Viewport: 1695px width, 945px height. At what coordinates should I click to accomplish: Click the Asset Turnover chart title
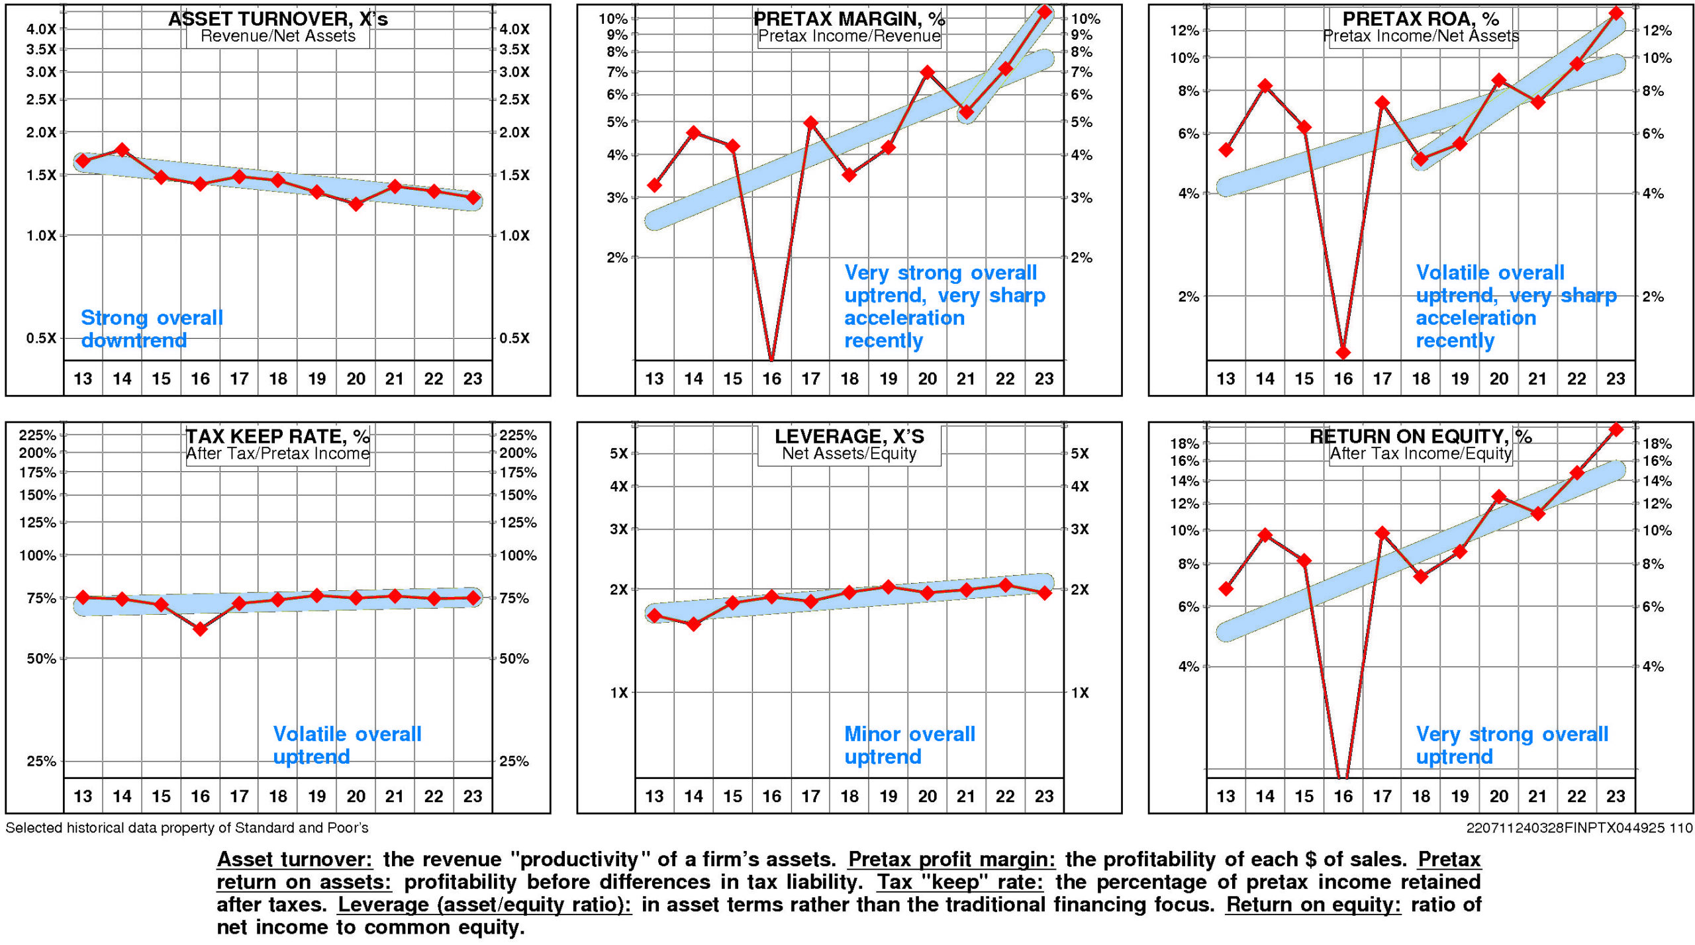pyautogui.click(x=277, y=19)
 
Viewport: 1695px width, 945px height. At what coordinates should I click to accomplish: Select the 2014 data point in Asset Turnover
pyautogui.click(x=122, y=150)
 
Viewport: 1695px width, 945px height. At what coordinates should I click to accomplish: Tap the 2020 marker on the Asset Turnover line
pyautogui.click(x=356, y=204)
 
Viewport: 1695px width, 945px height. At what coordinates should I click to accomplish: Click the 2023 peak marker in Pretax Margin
pyautogui.click(x=1044, y=12)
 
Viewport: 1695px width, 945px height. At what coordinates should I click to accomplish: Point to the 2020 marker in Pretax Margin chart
pyautogui.click(x=928, y=72)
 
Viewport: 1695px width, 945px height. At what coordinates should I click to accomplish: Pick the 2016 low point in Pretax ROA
pyautogui.click(x=1343, y=352)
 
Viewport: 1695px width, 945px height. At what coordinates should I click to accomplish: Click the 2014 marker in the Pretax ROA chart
pyautogui.click(x=1265, y=86)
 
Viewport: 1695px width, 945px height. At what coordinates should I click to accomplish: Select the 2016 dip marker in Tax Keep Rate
pyautogui.click(x=200, y=629)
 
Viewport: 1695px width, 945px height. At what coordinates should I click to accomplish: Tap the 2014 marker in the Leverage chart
pyautogui.click(x=693, y=623)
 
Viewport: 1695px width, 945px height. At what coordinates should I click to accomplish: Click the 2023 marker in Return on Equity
pyautogui.click(x=1616, y=429)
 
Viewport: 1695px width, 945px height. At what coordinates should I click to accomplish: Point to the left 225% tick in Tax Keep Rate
pyautogui.click(x=37, y=435)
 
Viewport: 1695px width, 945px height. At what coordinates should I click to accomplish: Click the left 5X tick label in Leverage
pyautogui.click(x=618, y=453)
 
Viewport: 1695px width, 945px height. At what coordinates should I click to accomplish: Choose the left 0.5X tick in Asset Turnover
pyautogui.click(x=41, y=338)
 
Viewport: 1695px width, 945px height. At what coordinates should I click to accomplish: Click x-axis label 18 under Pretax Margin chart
pyautogui.click(x=849, y=379)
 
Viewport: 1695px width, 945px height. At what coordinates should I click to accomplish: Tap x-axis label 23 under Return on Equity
pyautogui.click(x=1616, y=796)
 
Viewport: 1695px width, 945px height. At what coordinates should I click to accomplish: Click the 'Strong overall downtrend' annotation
pyautogui.click(x=152, y=329)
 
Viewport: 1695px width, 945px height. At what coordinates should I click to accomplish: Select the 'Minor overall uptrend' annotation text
pyautogui.click(x=909, y=745)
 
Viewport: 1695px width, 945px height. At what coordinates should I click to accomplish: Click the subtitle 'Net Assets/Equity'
pyautogui.click(x=849, y=453)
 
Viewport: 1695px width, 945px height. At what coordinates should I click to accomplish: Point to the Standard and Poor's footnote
pyautogui.click(x=187, y=828)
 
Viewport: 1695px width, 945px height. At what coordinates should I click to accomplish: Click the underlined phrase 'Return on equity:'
pyautogui.click(x=1313, y=905)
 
